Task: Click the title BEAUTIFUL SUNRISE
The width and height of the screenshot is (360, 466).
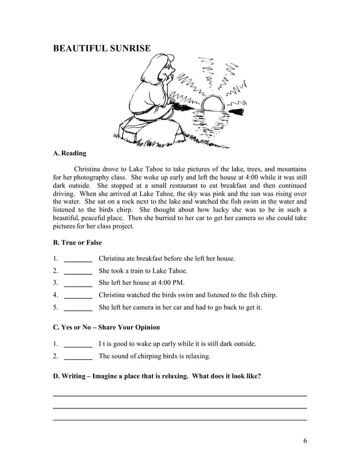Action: (x=102, y=49)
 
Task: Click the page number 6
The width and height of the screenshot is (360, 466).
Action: (x=305, y=441)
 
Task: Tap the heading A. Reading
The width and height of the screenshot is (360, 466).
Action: (x=69, y=153)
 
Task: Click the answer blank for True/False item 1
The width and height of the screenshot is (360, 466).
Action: (x=78, y=260)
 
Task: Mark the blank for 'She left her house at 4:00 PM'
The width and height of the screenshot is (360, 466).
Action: (x=78, y=284)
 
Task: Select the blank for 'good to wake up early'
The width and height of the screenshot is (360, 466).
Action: (x=78, y=344)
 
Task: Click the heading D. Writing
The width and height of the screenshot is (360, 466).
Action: (x=156, y=376)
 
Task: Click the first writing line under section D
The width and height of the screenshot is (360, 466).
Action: (x=179, y=395)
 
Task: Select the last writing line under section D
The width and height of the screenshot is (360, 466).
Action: (x=179, y=420)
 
